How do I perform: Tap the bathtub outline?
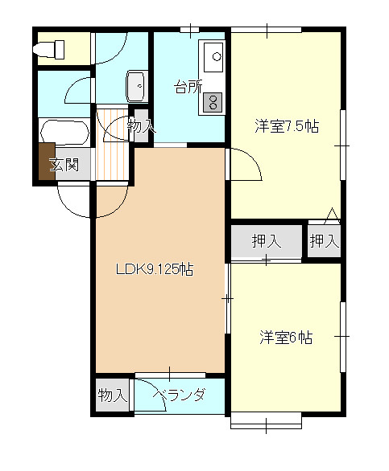(64, 134)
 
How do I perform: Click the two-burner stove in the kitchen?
(214, 102)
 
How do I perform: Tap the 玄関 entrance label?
(64, 166)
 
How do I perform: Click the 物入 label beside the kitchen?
(141, 126)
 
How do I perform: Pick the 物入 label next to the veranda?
(113, 395)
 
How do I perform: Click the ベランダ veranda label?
(179, 395)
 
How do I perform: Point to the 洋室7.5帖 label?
(286, 126)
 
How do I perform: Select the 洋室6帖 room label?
(285, 338)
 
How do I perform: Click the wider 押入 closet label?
(266, 240)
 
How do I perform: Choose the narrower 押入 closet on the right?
(324, 240)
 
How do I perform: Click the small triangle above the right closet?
(331, 215)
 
